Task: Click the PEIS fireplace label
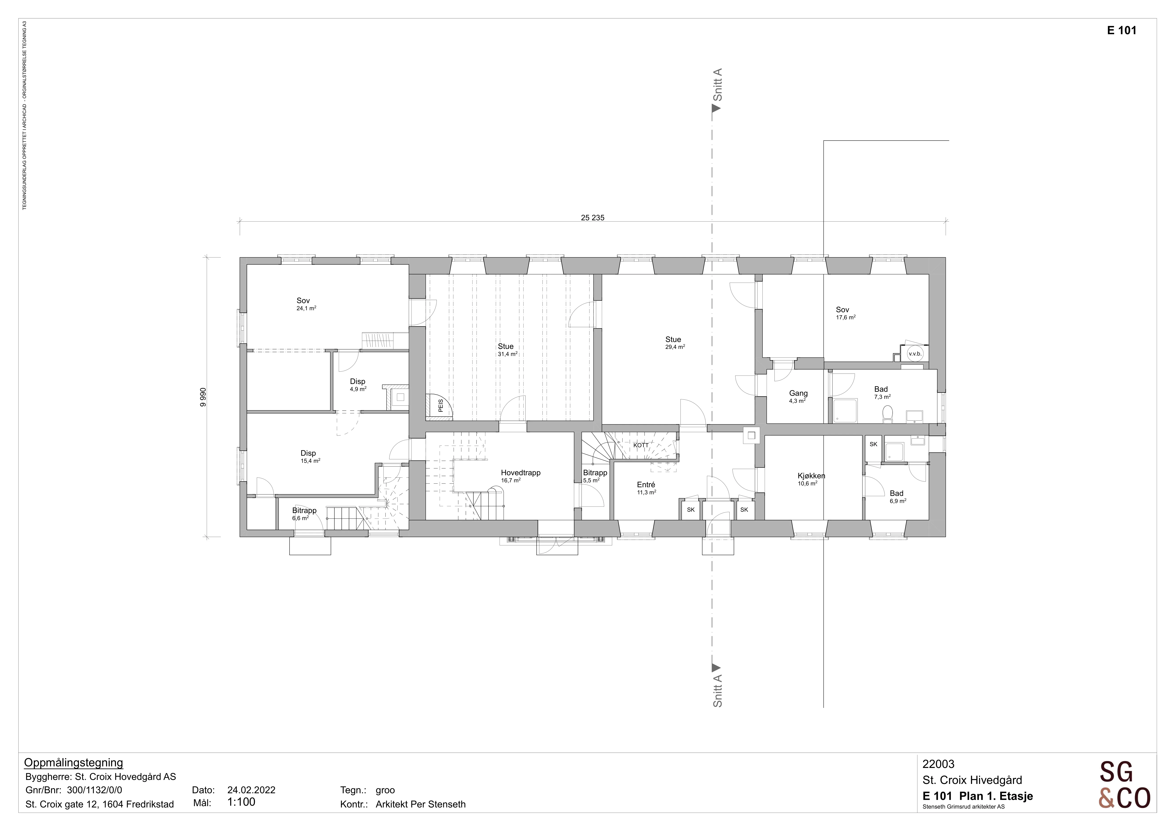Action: point(440,406)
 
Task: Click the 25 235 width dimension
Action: point(593,217)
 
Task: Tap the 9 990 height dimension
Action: point(203,397)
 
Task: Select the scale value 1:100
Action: point(241,802)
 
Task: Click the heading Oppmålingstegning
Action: point(74,763)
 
